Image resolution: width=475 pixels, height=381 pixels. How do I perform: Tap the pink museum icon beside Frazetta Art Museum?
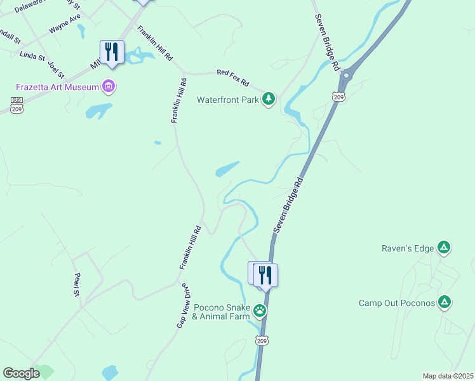pyautogui.click(x=109, y=86)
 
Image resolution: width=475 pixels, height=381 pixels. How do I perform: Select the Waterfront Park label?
pyautogui.click(x=228, y=100)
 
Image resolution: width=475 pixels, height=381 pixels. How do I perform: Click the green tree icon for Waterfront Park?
pyautogui.click(x=269, y=98)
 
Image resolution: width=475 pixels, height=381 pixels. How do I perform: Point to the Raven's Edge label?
pyautogui.click(x=406, y=248)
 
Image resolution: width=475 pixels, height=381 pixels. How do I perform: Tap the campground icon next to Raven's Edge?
pyautogui.click(x=444, y=247)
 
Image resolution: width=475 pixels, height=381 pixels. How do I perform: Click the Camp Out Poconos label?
pyautogui.click(x=397, y=303)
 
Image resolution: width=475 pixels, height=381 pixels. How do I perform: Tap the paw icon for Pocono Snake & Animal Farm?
pyautogui.click(x=260, y=311)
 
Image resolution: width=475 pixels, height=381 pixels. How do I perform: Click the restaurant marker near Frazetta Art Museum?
pyautogui.click(x=112, y=52)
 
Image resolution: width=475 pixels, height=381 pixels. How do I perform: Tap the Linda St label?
pyautogui.click(x=32, y=57)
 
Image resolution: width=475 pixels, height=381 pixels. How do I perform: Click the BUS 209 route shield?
pyautogui.click(x=17, y=105)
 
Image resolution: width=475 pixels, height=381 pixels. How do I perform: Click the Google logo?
pyautogui.click(x=21, y=373)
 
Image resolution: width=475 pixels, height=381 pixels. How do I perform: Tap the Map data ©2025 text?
pyautogui.click(x=448, y=376)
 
